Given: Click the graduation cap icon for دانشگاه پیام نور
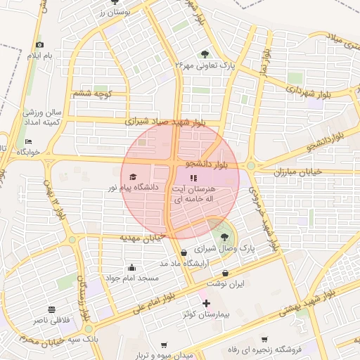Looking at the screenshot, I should click(x=133, y=177).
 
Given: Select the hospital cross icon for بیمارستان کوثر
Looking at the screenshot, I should click(x=206, y=304).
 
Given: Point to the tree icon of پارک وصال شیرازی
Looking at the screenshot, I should click(x=224, y=237).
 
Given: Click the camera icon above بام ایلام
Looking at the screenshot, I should click(x=39, y=45).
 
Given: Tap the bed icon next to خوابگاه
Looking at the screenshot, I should click(x=28, y=141).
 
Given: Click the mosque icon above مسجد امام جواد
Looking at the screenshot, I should click(x=131, y=267).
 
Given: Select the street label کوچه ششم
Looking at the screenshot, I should click(x=92, y=93).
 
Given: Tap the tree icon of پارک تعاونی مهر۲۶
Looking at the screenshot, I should click(x=205, y=53).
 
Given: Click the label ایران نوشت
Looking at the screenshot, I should click(x=225, y=283).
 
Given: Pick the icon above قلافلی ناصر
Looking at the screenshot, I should click(x=51, y=309).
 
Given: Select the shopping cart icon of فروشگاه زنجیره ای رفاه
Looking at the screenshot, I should click(x=264, y=338).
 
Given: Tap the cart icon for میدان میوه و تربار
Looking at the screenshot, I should click(x=165, y=345).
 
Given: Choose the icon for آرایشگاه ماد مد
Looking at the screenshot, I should click(x=184, y=252).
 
